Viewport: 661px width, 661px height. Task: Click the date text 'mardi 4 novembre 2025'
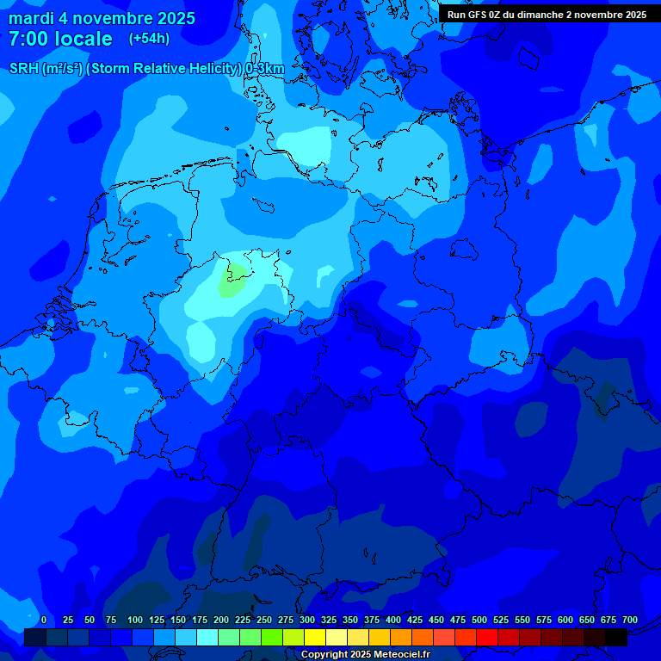coord(102,18)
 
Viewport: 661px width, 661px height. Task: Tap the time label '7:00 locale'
coord(60,39)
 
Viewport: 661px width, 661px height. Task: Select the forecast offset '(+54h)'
coord(149,39)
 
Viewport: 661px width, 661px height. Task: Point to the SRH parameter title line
coord(147,68)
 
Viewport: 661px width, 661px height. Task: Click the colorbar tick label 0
coord(44,620)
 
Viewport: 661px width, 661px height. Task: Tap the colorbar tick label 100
coord(135,620)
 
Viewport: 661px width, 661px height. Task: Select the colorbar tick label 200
coord(221,620)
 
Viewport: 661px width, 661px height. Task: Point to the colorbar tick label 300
coord(307,620)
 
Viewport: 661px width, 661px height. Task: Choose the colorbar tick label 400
coord(393,620)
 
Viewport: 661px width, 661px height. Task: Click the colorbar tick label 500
coord(479,620)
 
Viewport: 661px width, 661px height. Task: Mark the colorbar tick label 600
coord(565,620)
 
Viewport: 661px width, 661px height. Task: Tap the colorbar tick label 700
coord(630,620)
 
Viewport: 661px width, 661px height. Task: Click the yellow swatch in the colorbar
coord(315,638)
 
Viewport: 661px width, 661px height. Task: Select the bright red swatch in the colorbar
coord(487,638)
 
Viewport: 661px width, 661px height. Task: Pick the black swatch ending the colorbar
coord(616,638)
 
